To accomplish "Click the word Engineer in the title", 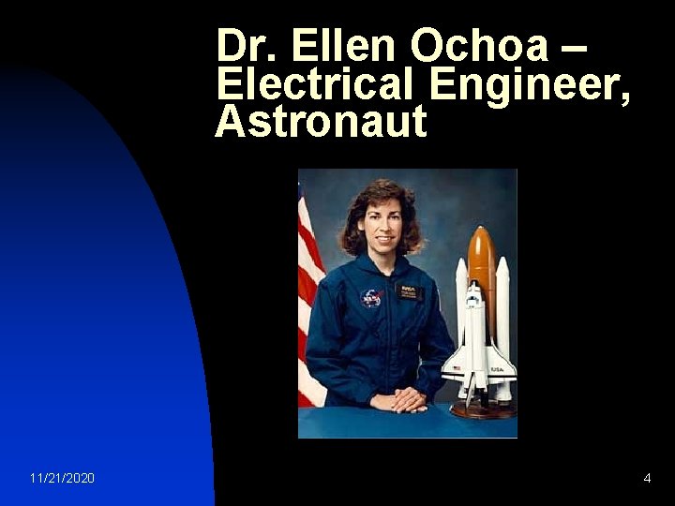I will coord(526,86).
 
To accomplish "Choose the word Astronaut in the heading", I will coord(321,122).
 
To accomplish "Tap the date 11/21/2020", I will coord(62,479).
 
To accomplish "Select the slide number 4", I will coord(647,479).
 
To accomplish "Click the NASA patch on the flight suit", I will coord(371,298).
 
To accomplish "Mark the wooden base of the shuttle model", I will coord(482,409).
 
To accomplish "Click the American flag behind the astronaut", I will coord(309,290).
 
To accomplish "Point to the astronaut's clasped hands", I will coord(406,400).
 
